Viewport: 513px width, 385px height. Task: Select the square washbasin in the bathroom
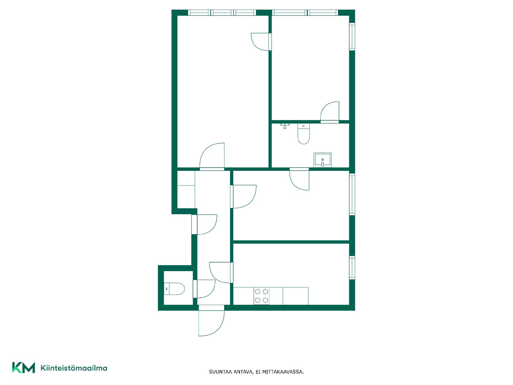click(322, 160)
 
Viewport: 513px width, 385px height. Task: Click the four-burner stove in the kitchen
click(262, 296)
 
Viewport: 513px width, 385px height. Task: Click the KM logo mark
click(24, 368)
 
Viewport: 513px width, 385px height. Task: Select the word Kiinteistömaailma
click(74, 368)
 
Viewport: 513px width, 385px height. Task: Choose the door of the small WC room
click(204, 289)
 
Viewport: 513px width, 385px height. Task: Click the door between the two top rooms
click(261, 42)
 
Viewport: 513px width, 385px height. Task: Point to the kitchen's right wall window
click(352, 268)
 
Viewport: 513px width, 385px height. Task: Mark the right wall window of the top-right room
click(352, 37)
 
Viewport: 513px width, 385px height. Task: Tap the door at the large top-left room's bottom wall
click(212, 157)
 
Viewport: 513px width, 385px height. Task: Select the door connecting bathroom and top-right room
click(330, 112)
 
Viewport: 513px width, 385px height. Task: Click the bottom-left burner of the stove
click(258, 301)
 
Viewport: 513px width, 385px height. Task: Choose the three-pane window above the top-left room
click(222, 13)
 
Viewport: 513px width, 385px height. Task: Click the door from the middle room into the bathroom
click(299, 179)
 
